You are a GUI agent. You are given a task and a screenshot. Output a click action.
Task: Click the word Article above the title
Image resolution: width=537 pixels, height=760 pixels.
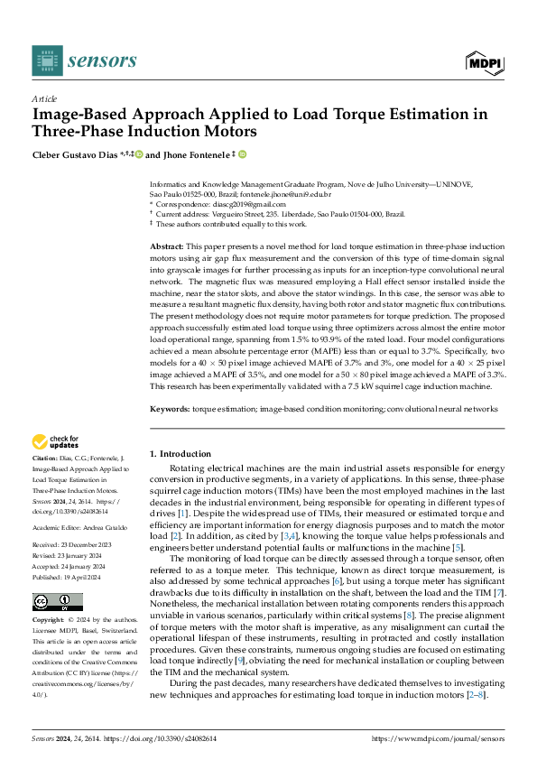(x=44, y=98)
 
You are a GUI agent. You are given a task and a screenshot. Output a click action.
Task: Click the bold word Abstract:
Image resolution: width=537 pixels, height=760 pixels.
(x=166, y=246)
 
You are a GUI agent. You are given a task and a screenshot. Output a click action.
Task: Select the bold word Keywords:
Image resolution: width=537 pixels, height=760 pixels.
(x=169, y=409)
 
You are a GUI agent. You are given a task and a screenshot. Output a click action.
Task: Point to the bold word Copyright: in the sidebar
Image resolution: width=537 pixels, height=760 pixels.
(x=49, y=596)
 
